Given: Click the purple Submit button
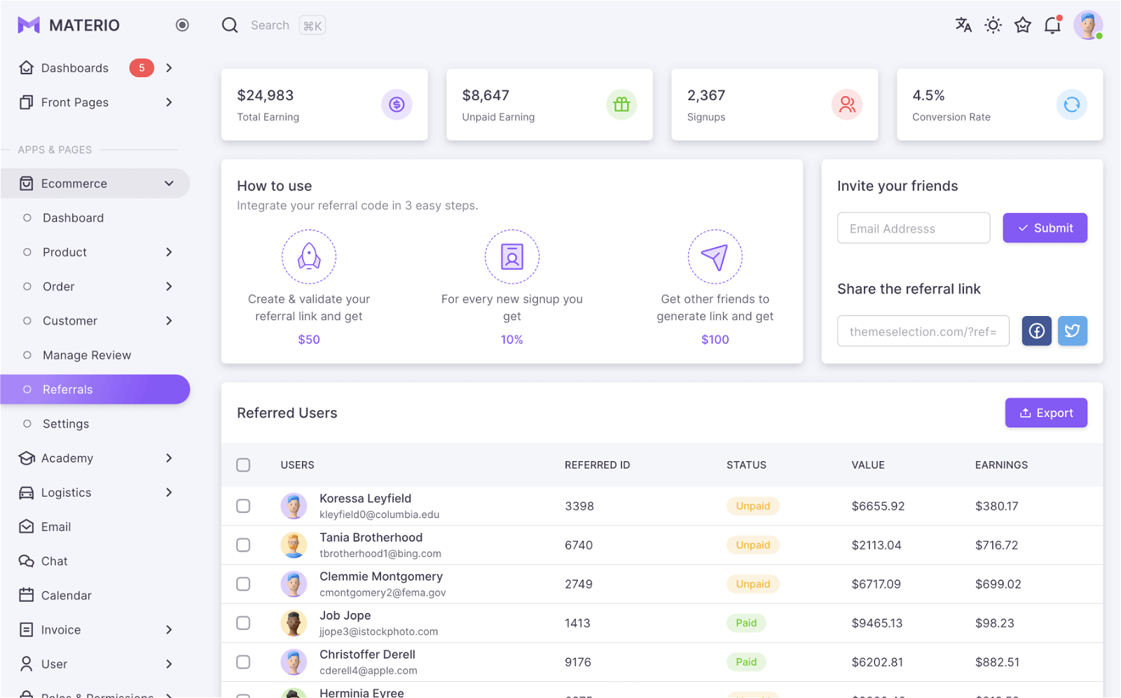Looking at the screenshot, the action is (x=1045, y=228).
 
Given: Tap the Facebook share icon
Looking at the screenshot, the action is (x=1036, y=331).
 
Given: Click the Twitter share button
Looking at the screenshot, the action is (x=1072, y=331).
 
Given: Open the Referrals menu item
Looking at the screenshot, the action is (x=95, y=389).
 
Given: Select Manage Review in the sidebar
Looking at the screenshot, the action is (x=87, y=355).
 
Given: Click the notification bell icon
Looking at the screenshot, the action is (x=1053, y=25).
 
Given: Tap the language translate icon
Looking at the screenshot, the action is (x=963, y=25).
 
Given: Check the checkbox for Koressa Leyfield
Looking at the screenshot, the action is (x=243, y=506).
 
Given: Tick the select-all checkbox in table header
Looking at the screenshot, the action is (x=243, y=465).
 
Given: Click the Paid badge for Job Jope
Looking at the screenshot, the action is (x=745, y=623).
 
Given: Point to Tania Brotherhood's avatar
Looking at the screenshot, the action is (x=294, y=545).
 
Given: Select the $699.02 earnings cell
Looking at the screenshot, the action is (x=998, y=584).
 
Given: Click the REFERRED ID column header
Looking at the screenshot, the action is (x=597, y=465).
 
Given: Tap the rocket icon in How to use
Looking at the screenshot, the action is (x=309, y=256).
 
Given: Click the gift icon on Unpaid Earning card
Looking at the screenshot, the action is (x=621, y=104).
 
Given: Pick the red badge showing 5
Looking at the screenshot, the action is (x=142, y=67).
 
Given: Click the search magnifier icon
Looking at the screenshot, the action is (x=230, y=25).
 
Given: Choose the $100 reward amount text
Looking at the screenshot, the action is (x=715, y=339).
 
